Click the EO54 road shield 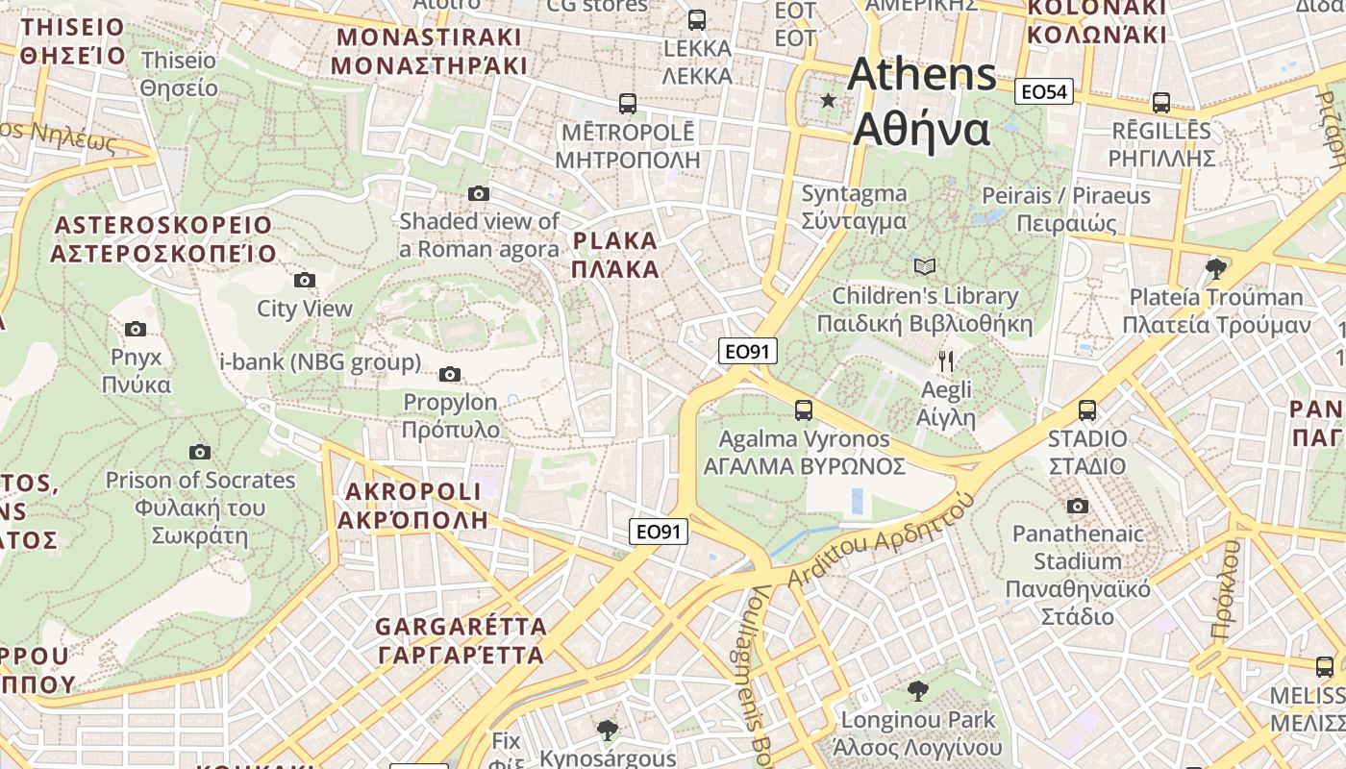pyautogui.click(x=1044, y=92)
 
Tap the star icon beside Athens pyautogui.click(x=828, y=100)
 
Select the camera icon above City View pyautogui.click(x=305, y=280)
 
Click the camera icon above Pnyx pyautogui.click(x=136, y=329)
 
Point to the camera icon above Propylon pyautogui.click(x=450, y=374)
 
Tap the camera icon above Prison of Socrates pyautogui.click(x=200, y=452)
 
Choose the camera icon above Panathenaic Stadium pyautogui.click(x=1078, y=506)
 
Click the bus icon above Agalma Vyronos pyautogui.click(x=804, y=410)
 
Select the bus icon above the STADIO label pyautogui.click(x=1087, y=410)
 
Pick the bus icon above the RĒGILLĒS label pyautogui.click(x=1161, y=102)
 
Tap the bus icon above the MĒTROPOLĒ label pyautogui.click(x=628, y=103)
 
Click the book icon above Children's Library pyautogui.click(x=925, y=266)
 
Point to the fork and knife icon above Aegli pyautogui.click(x=946, y=361)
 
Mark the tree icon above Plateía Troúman pyautogui.click(x=1216, y=267)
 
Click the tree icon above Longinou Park pyautogui.click(x=918, y=690)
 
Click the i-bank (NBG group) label pyautogui.click(x=321, y=362)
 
